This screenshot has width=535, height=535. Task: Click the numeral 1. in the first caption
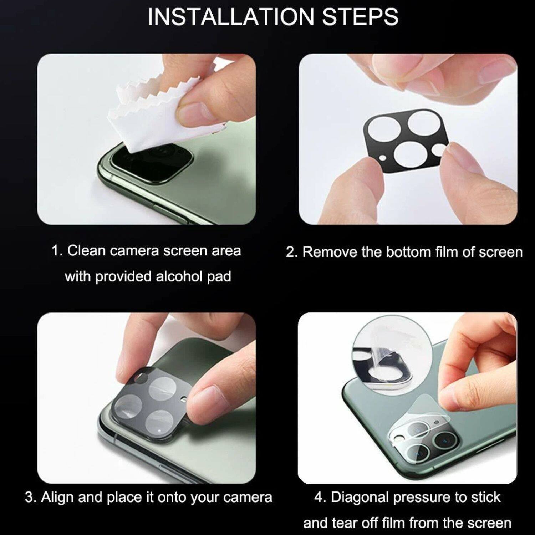point(57,251)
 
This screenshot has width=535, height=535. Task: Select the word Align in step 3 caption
point(57,497)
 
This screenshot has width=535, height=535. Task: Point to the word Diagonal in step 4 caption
point(360,497)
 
